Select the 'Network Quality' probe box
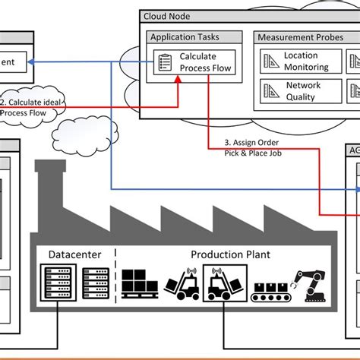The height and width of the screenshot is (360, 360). (x=301, y=91)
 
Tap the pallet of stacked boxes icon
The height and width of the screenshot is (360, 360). (x=139, y=284)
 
